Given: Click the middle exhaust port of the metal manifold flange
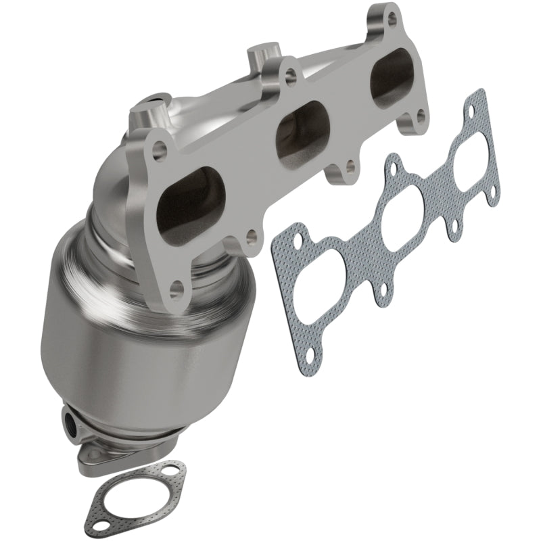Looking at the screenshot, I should point(301,126).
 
